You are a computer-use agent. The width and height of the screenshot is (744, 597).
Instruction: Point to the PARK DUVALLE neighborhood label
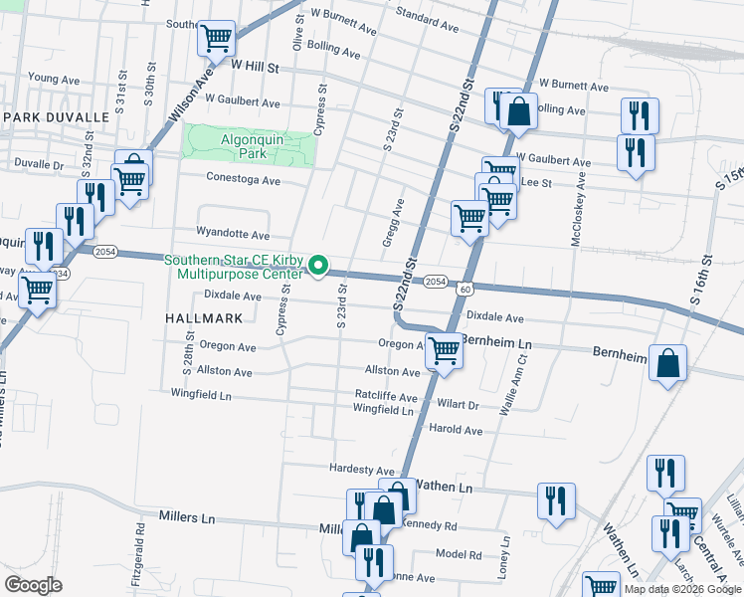point(56,117)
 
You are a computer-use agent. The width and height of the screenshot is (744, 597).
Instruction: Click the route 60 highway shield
point(465,290)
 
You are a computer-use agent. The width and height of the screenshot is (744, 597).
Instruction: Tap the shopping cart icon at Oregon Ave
point(443,350)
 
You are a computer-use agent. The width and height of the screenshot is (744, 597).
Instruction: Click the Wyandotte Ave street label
point(233,236)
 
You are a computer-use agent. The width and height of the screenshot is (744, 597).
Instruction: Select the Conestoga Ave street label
point(243,180)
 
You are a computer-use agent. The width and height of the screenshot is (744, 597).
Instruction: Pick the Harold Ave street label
point(455,430)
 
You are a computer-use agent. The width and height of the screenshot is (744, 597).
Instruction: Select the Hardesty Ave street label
point(362,470)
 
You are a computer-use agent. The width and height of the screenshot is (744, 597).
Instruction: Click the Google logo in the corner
point(33,585)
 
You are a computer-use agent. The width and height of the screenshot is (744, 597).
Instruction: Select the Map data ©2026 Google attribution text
point(681,589)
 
